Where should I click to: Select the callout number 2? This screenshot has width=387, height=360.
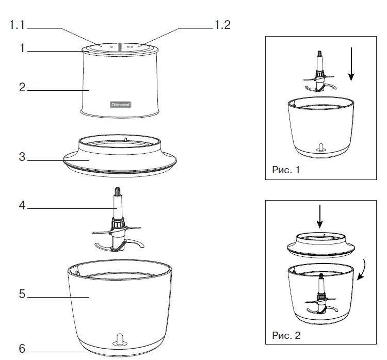tap(22, 87)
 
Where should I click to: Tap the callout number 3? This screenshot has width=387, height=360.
tap(22, 157)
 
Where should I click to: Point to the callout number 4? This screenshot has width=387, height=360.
tap(22, 205)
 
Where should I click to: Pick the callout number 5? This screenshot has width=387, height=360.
tap(22, 294)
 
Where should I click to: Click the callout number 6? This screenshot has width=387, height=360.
tap(22, 349)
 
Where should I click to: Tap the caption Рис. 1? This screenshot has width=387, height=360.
tap(285, 170)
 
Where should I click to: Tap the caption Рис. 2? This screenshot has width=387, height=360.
tap(285, 335)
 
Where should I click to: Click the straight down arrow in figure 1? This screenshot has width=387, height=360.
tap(351, 64)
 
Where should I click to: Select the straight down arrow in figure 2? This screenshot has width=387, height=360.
tap(320, 217)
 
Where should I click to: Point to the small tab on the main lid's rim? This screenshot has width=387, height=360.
tap(126, 139)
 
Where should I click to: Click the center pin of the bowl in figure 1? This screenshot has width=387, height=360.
tap(319, 148)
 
